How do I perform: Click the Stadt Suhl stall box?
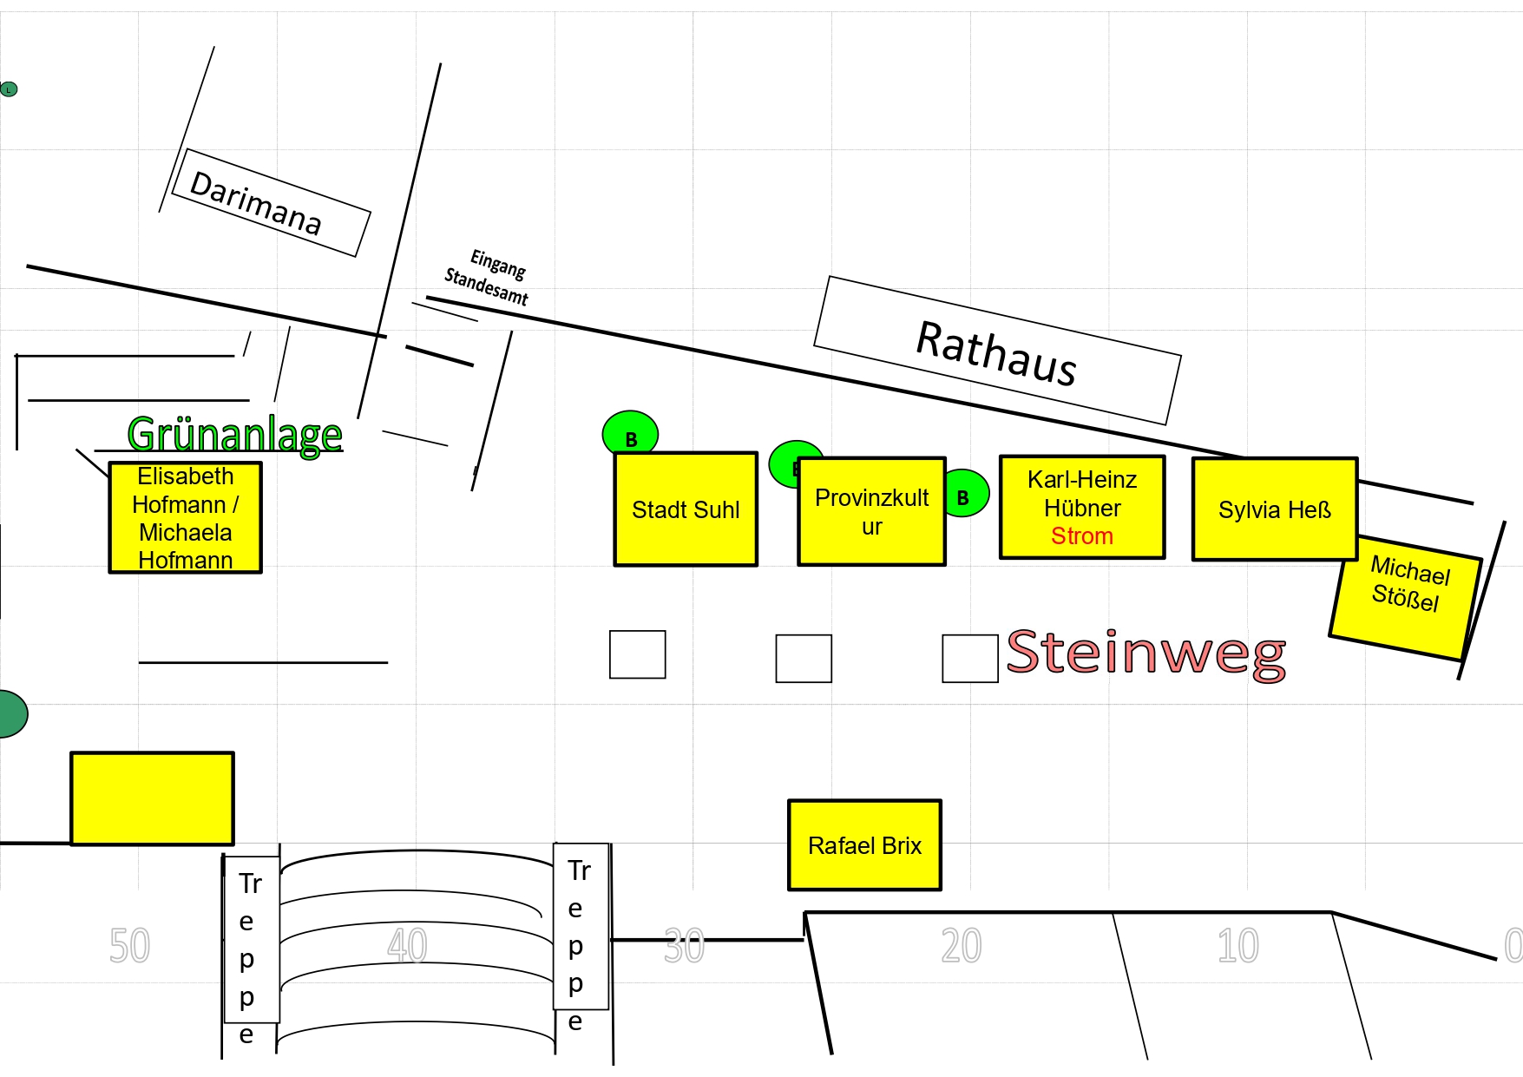pos(686,509)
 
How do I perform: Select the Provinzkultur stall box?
pos(871,512)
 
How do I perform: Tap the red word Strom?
pos(1081,536)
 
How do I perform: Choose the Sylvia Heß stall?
pos(1274,509)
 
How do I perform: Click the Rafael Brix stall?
pos(864,845)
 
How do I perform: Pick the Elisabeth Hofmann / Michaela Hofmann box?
pos(185,518)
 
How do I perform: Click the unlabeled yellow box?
pos(152,798)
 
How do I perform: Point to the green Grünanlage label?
pos(234,433)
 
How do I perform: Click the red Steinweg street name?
pos(1146,653)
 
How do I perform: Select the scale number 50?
pos(129,945)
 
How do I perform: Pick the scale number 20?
pos(961,945)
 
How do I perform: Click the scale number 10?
pos(1237,945)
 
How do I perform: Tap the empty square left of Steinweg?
pos(969,658)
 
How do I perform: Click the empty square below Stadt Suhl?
pos(637,654)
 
